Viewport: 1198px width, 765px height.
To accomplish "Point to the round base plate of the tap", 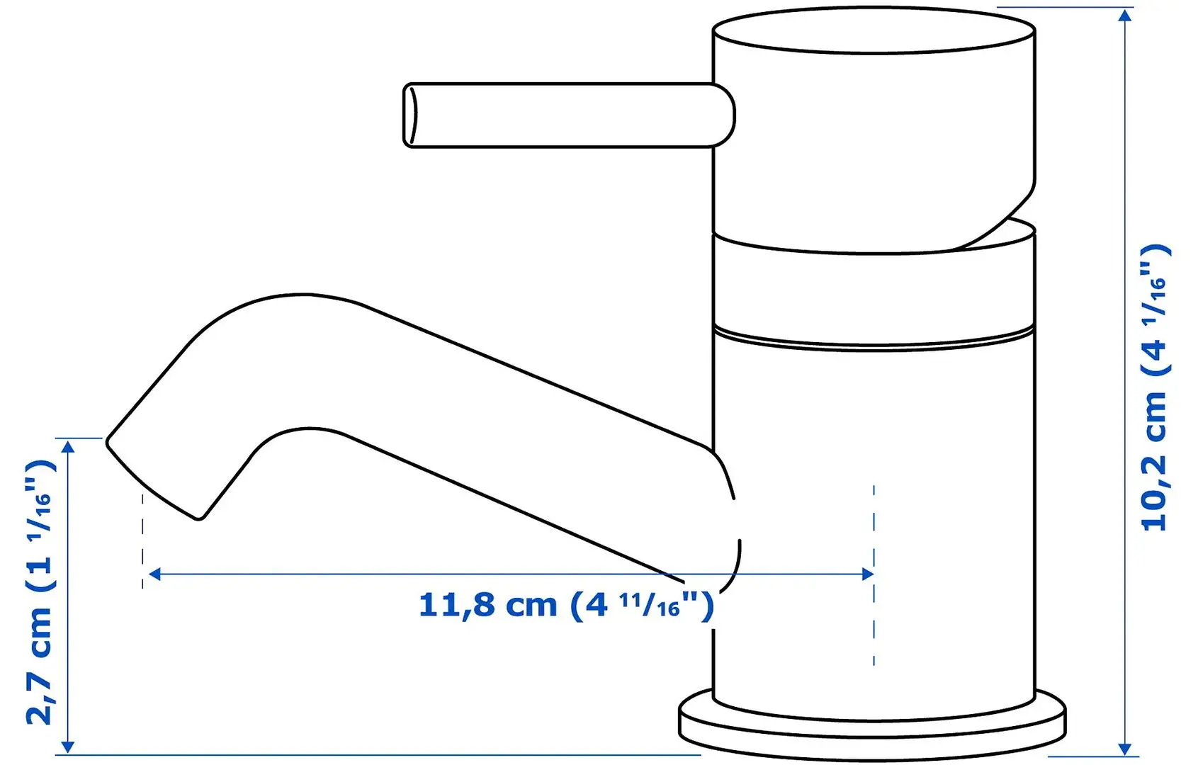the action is point(872,727).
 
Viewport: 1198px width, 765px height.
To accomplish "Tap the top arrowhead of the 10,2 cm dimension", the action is point(1125,16).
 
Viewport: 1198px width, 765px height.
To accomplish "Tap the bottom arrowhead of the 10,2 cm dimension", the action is point(1125,749).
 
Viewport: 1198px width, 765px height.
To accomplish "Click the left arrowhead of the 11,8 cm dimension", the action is point(154,574).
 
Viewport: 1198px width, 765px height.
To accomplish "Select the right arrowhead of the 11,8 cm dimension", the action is point(867,574).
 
